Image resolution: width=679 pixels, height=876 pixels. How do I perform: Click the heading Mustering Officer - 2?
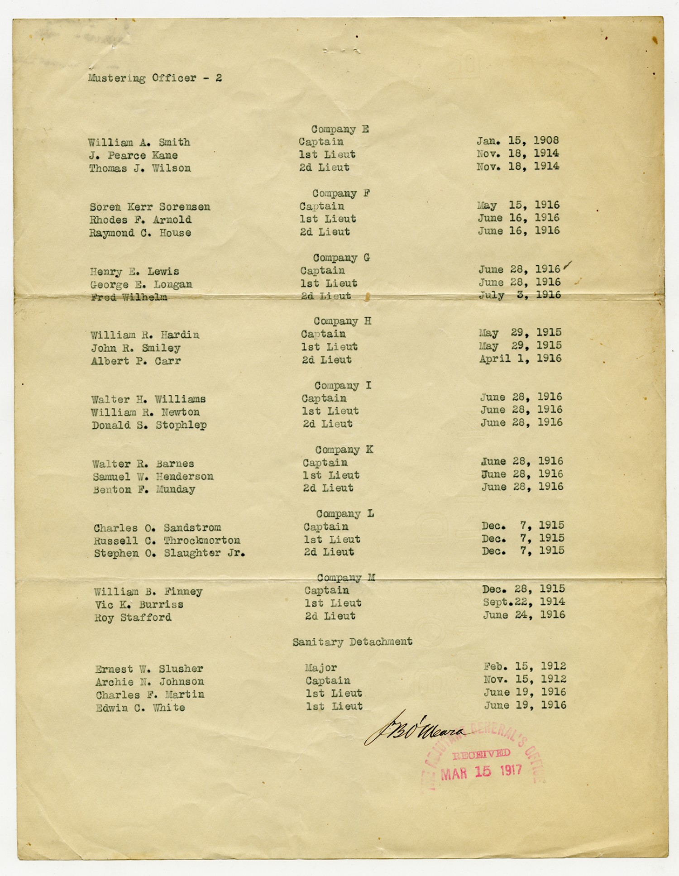pos(155,78)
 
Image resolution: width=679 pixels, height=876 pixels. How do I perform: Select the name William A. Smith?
pos(139,142)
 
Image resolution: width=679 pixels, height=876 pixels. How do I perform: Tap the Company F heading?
pos(341,193)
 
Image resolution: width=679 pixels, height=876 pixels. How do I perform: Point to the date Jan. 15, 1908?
pos(517,141)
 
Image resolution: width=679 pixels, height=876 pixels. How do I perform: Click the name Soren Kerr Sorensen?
pos(150,207)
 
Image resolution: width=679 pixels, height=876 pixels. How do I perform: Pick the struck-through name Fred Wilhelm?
pos(129,297)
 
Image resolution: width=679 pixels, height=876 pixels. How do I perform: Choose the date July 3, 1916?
pos(520,295)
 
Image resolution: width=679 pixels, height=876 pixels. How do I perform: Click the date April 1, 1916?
pos(520,359)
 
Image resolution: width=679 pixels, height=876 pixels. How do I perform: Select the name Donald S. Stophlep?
pos(149,425)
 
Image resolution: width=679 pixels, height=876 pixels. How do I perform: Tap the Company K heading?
pos(344,450)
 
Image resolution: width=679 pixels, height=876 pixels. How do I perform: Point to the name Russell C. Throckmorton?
pos(167,541)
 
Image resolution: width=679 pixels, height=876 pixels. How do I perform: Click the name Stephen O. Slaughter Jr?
pos(169,553)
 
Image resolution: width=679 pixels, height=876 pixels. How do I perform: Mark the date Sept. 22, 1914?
pos(524,602)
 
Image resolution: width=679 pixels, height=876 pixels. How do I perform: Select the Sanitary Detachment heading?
pos(352,641)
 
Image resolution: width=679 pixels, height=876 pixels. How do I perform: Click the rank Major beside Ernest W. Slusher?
pos(320,668)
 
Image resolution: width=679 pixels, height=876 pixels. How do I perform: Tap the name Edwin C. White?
pos(140,708)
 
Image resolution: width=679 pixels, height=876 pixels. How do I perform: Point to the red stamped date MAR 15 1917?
pos(481,771)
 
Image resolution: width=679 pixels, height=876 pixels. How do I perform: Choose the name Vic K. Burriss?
pos(139,605)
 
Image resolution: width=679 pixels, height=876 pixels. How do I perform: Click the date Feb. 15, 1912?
pos(525,666)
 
